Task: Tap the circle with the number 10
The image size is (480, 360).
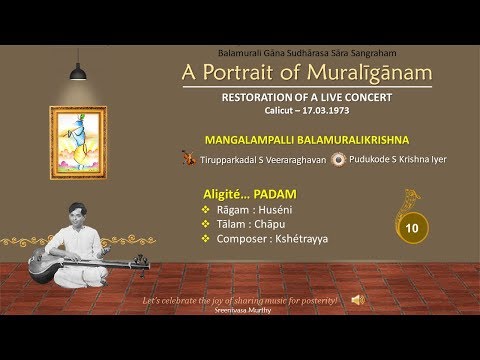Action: click(409, 229)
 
